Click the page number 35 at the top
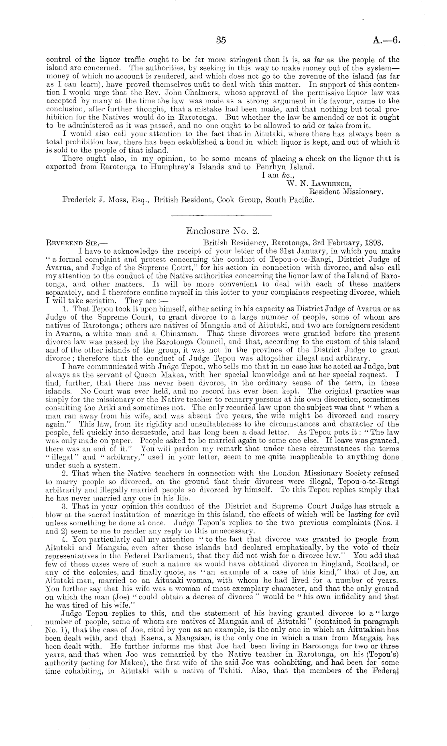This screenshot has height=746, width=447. (221, 40)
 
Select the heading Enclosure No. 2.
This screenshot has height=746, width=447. (223, 231)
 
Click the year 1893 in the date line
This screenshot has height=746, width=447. (373, 243)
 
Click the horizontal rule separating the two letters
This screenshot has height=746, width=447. (221, 216)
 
